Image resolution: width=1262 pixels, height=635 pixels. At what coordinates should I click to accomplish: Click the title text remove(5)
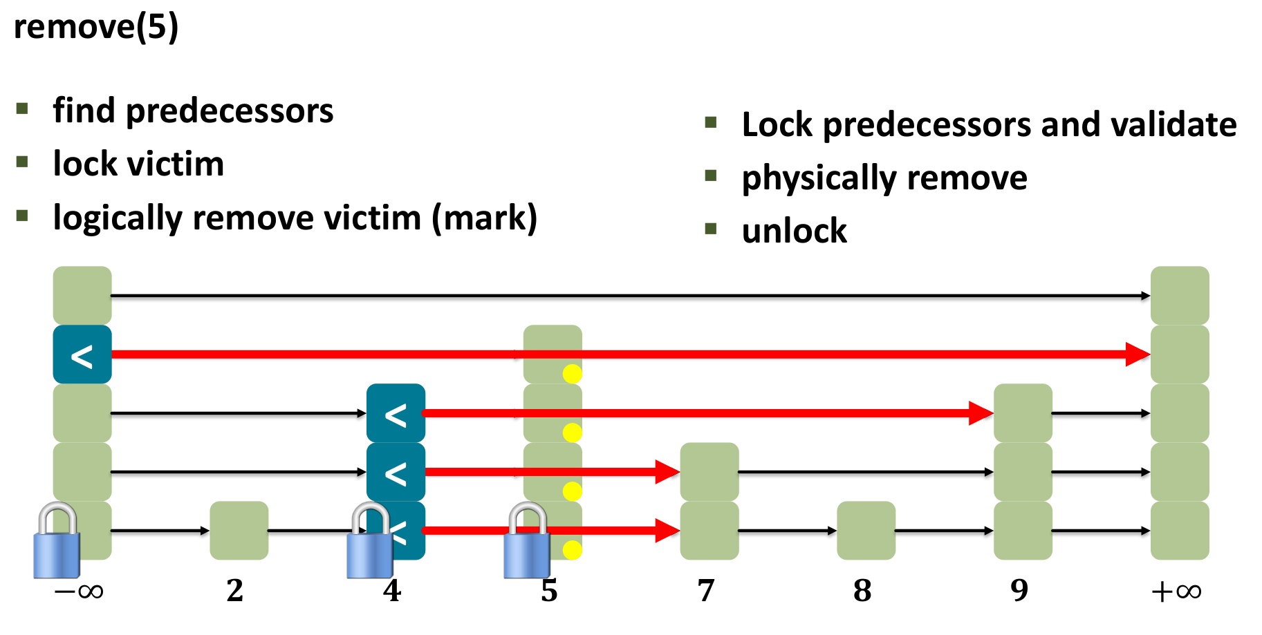[96, 28]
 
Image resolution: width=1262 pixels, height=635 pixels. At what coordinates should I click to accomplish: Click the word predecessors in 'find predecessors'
[230, 111]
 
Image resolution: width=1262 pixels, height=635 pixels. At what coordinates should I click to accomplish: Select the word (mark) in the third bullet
[484, 218]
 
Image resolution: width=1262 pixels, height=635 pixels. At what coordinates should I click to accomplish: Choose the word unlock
[794, 231]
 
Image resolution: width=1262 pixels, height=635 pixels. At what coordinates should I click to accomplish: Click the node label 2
[235, 591]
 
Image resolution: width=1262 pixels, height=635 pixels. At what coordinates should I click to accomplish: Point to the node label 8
[862, 591]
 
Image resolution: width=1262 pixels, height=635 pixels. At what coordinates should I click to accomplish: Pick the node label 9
[1019, 591]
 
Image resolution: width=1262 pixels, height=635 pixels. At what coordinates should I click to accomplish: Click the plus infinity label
[1176, 591]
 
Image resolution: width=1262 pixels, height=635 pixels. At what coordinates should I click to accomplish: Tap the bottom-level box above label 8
[866, 531]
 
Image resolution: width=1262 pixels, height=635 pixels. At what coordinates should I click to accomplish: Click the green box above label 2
[239, 531]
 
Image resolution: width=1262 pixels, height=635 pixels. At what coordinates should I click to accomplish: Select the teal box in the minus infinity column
[82, 354]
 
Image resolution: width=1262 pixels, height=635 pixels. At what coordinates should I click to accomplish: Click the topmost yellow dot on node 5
[572, 374]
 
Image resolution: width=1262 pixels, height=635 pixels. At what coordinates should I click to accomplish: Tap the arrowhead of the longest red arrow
[1138, 354]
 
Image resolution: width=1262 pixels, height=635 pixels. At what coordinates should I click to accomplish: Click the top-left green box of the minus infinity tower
[82, 296]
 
